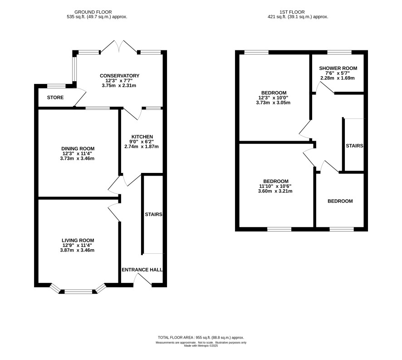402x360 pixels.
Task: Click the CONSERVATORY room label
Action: click(x=119, y=76)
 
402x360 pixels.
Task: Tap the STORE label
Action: click(x=55, y=98)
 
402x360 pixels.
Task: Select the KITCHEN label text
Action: click(x=142, y=137)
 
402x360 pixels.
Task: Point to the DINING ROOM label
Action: click(x=78, y=148)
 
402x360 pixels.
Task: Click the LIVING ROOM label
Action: click(x=78, y=241)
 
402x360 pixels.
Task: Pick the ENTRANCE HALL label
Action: click(x=142, y=270)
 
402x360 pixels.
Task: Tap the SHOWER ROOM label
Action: click(x=338, y=68)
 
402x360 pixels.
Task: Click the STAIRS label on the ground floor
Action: click(x=153, y=214)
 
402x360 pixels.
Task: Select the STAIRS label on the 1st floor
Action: click(x=354, y=146)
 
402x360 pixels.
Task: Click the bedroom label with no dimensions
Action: click(x=340, y=201)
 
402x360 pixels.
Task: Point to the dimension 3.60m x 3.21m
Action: click(x=275, y=191)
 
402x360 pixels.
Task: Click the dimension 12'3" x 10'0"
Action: click(x=273, y=98)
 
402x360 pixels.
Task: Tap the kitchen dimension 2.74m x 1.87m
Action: click(x=142, y=147)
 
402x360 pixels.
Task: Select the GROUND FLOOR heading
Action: click(x=93, y=12)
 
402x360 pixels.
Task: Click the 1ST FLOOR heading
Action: click(x=292, y=12)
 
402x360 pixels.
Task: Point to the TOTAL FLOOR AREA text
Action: click(x=201, y=338)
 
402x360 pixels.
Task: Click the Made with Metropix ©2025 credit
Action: click(x=201, y=345)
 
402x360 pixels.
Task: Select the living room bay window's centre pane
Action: click(x=78, y=291)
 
